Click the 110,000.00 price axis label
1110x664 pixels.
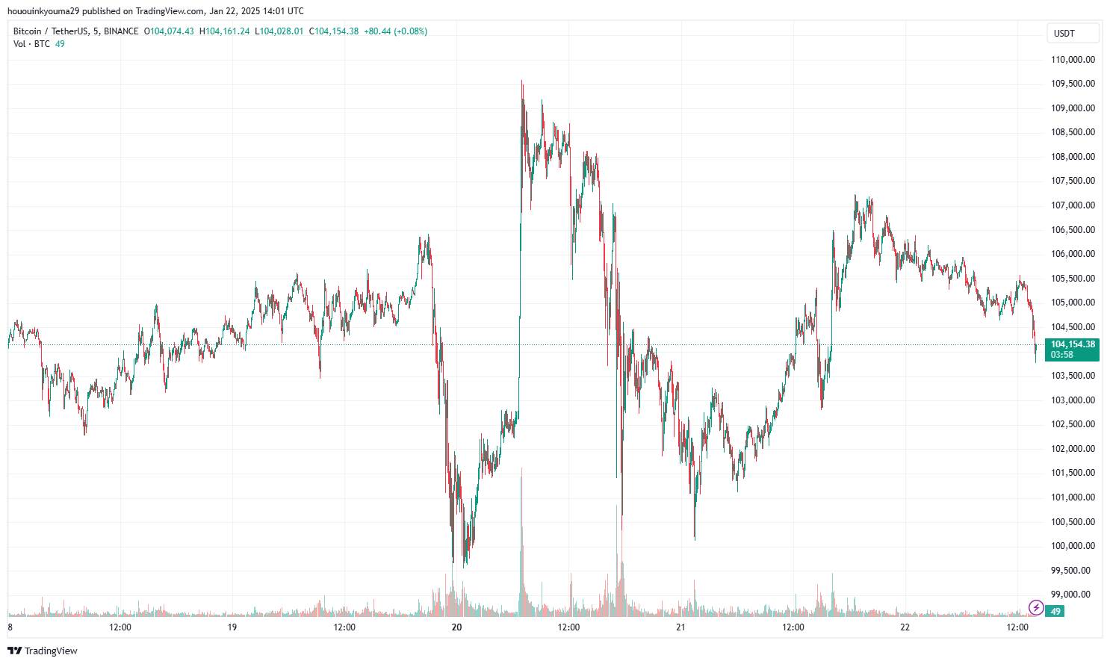click(1073, 60)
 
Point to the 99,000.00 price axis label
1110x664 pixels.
click(1073, 595)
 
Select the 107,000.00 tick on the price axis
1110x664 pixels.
click(1073, 205)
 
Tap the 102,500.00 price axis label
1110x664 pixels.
click(1073, 424)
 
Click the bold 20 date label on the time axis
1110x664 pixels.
click(456, 627)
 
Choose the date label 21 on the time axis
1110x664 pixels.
click(680, 627)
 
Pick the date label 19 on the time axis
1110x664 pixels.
click(232, 627)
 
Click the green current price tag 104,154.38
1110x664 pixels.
click(1073, 345)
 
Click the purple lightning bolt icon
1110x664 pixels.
click(1036, 607)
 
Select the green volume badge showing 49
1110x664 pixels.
click(1055, 612)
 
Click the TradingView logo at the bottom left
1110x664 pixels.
click(43, 651)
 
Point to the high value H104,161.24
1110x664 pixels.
click(224, 31)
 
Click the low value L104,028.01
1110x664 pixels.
click(279, 31)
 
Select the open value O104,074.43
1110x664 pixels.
click(169, 31)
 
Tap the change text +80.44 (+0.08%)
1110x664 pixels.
click(395, 31)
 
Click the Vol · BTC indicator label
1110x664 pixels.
click(31, 44)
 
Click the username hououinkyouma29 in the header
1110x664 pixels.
click(43, 11)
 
